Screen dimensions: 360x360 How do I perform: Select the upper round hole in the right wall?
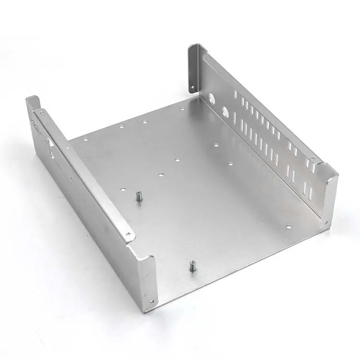212,99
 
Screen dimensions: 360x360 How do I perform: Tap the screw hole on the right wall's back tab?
193,88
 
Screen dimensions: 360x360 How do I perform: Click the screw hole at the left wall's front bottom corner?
152,301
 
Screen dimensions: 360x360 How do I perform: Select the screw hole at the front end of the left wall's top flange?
128,234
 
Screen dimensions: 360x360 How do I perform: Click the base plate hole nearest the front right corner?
288,224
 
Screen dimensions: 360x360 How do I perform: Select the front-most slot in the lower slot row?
310,193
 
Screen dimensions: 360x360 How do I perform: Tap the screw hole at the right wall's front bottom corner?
326,222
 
